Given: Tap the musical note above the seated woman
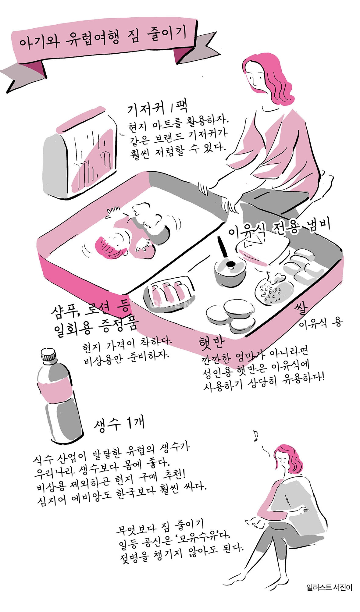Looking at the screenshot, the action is (x=255, y=436).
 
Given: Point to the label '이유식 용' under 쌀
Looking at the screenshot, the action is (x=320, y=323).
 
